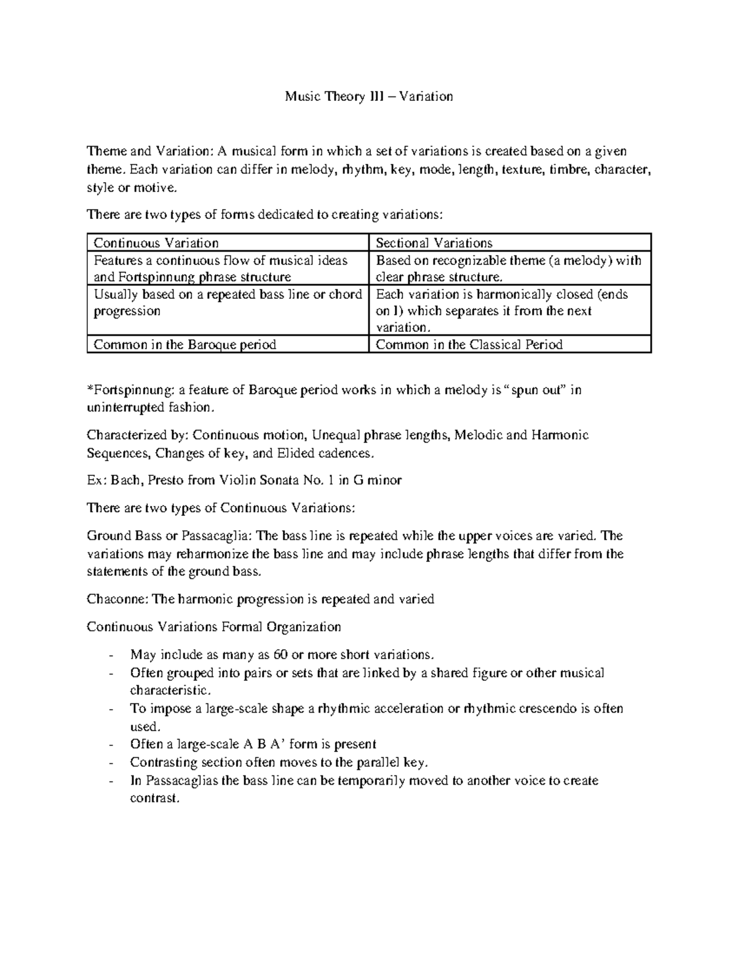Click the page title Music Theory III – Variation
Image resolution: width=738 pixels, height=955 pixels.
point(368,97)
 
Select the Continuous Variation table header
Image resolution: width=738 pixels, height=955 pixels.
point(156,243)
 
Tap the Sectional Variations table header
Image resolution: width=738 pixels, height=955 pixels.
point(434,243)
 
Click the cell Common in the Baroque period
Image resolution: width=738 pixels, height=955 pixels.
point(184,344)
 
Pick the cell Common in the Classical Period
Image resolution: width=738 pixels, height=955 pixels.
point(469,344)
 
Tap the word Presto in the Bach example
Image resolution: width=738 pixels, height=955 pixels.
point(166,480)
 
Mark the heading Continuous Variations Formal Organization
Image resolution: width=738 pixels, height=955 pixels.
point(213,627)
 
